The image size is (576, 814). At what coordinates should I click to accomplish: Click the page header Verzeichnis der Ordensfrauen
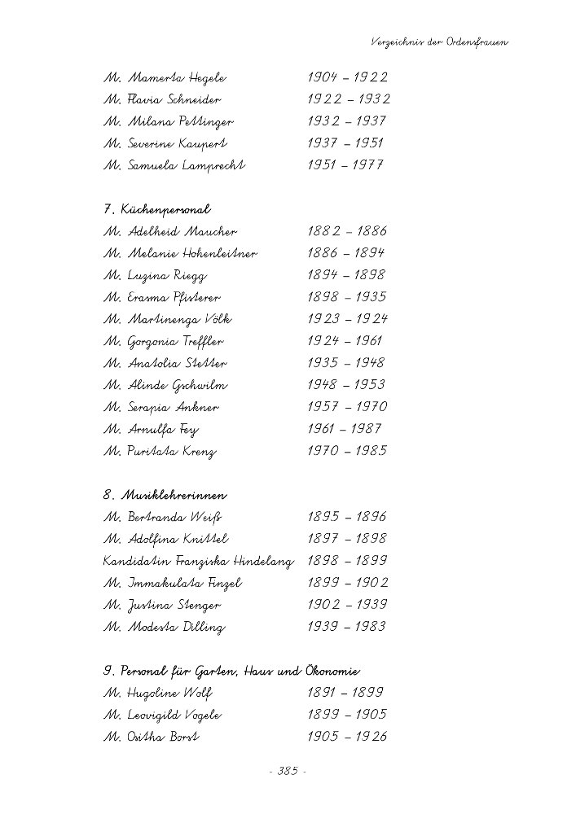click(438, 41)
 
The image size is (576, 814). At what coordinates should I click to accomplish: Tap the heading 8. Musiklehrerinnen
click(165, 495)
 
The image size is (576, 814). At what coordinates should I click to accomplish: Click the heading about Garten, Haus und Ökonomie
click(232, 672)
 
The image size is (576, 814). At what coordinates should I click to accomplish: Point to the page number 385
click(288, 772)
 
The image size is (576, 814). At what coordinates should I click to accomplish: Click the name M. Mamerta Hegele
click(165, 78)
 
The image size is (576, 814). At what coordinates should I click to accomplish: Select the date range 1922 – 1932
click(349, 100)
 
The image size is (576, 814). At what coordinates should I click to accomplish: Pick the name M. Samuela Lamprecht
click(174, 165)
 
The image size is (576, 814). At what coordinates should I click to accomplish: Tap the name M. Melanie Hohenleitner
click(180, 254)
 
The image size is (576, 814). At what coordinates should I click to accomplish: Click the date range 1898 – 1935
click(347, 298)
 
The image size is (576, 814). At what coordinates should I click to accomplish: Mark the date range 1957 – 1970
click(347, 407)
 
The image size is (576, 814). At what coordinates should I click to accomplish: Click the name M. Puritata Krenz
click(160, 451)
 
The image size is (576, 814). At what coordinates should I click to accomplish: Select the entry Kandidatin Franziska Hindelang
click(198, 561)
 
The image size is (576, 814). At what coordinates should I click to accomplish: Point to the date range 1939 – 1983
click(347, 627)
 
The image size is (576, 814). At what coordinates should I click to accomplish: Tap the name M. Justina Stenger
click(162, 606)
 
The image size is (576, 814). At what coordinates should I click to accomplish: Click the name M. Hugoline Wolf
click(158, 694)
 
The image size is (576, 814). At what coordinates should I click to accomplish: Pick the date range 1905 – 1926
click(347, 737)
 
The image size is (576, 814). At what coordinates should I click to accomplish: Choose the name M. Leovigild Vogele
click(162, 716)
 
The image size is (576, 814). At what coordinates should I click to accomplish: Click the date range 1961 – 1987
click(345, 429)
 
